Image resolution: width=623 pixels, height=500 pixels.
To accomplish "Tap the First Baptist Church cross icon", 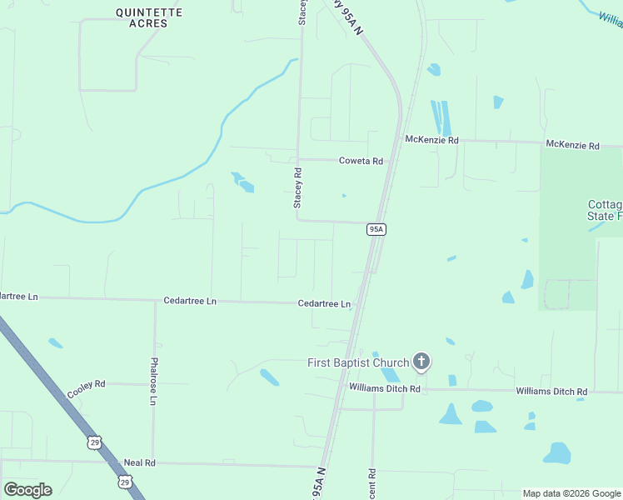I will tap(422, 362).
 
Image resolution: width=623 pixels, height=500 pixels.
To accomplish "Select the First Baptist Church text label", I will tap(358, 362).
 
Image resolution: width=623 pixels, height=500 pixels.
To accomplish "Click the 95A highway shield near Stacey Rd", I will tap(376, 229).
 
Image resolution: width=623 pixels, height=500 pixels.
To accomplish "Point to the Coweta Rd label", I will tap(361, 161).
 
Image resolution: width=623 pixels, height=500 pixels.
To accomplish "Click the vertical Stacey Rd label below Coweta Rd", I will tap(297, 188).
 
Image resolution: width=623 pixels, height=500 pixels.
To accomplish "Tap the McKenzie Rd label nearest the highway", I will tap(431, 140).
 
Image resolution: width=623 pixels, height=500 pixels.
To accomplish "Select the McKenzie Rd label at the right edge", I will tap(572, 145).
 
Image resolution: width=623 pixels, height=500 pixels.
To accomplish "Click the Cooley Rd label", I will tap(87, 388).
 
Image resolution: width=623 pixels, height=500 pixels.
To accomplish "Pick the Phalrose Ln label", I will tap(153, 382).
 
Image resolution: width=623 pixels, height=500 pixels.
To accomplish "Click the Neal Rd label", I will tap(139, 462).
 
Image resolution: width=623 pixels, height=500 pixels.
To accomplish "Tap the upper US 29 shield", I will tap(95, 442).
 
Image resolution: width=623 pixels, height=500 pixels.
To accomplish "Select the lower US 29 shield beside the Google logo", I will tap(124, 482).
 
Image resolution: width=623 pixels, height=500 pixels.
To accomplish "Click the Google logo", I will tap(27, 490).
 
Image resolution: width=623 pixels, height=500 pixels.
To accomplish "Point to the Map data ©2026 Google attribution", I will tap(571, 493).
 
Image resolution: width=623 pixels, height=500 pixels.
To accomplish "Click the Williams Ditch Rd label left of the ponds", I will tap(385, 388).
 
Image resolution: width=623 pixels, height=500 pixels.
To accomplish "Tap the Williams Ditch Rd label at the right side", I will tap(551, 391).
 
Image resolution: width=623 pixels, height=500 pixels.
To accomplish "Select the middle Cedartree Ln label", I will tap(190, 301).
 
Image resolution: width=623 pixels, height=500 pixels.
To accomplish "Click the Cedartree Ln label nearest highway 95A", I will tap(324, 304).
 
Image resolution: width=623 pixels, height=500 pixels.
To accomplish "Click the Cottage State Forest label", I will tap(605, 210).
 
